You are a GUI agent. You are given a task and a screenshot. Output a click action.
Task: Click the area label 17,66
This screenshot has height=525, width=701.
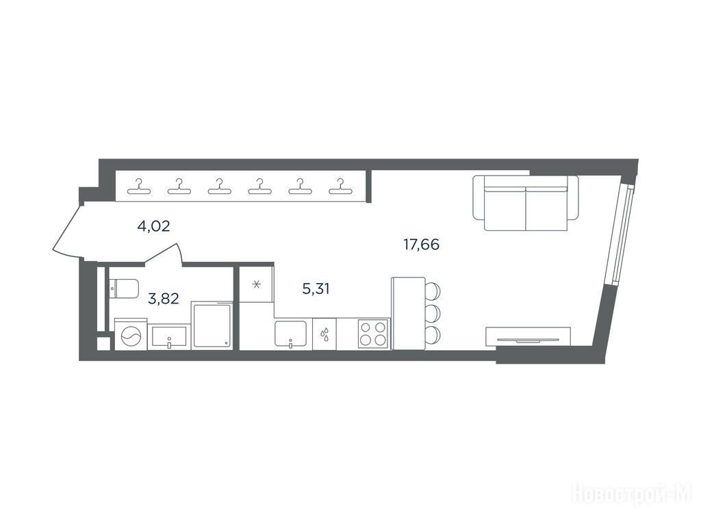point(421,245)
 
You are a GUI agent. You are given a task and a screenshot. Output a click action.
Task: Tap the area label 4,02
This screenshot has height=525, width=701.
point(153,226)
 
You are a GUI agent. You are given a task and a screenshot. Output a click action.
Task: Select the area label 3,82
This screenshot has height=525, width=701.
point(163,298)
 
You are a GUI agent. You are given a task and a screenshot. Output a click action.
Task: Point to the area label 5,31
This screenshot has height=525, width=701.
point(316,289)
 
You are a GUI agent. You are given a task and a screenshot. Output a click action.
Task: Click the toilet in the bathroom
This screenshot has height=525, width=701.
point(124,288)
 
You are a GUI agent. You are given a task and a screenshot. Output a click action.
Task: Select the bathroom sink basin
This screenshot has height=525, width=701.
point(169,336)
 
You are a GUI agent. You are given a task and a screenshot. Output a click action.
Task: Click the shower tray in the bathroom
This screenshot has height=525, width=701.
point(212,325)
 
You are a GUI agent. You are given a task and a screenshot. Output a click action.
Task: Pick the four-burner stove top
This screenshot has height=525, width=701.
point(372,334)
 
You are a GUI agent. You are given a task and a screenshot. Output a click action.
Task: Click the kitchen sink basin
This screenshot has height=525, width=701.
point(290,334)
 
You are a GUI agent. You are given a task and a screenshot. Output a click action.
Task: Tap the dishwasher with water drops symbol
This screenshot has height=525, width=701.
point(324,334)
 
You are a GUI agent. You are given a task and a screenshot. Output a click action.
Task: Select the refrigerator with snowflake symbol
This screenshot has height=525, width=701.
point(257,284)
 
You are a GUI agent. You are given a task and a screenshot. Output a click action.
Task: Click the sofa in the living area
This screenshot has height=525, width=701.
point(526,202)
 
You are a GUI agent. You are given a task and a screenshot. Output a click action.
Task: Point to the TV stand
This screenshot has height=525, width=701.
point(528,336)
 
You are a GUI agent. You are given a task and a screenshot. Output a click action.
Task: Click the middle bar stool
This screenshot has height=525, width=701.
point(433,313)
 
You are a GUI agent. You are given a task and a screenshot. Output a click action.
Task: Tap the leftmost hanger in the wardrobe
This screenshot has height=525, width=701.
point(139,187)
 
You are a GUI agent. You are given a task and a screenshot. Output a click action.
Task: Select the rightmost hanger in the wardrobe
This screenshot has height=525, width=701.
point(341,187)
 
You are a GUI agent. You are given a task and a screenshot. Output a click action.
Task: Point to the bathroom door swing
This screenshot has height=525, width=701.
point(164,254)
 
